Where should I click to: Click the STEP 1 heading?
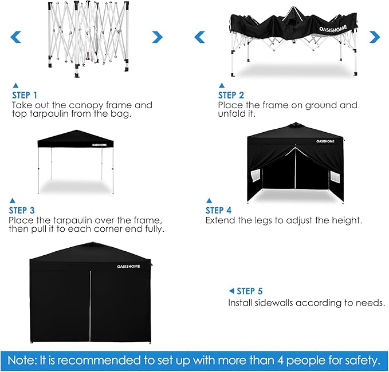pyautogui.click(x=25, y=95)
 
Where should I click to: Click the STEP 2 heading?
pyautogui.click(x=231, y=95)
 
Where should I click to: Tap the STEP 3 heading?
pyautogui.click(x=22, y=211)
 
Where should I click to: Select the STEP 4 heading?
pyautogui.click(x=218, y=211)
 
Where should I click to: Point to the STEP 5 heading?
pyautogui.click(x=250, y=291)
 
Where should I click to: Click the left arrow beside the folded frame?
pyautogui.click(x=15, y=37)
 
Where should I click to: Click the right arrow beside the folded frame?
pyautogui.click(x=158, y=37)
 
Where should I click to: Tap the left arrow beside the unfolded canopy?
pyautogui.click(x=200, y=37)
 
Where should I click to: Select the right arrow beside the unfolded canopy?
pyautogui.click(x=375, y=37)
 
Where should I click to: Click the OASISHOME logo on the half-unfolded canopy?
pyautogui.click(x=333, y=29)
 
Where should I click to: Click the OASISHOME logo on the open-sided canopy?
pyautogui.click(x=100, y=145)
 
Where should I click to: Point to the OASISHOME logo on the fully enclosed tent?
pyautogui.click(x=128, y=267)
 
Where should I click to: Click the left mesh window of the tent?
pyautogui.click(x=256, y=176)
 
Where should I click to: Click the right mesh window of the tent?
pyautogui.click(x=335, y=177)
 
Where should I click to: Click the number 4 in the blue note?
pyautogui.click(x=280, y=360)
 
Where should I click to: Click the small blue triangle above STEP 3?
pyautogui.click(x=12, y=200)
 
